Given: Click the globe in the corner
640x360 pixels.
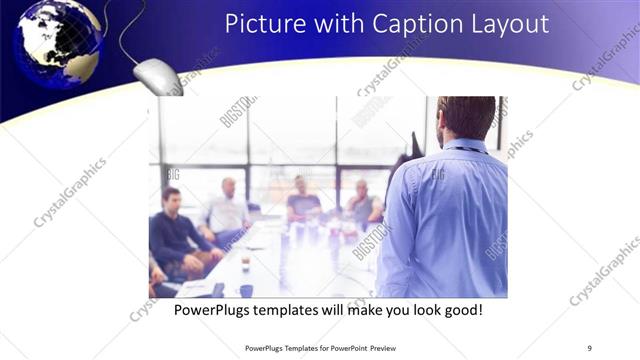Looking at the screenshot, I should pos(58,42).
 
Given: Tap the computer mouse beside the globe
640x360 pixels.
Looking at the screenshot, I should pos(157,75).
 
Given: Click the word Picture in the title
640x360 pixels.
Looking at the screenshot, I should pos(258,23).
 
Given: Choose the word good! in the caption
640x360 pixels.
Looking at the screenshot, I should pos(462,311).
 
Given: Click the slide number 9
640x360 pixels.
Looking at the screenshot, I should pos(589,348).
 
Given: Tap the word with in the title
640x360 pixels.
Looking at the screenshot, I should pos(329,23).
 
